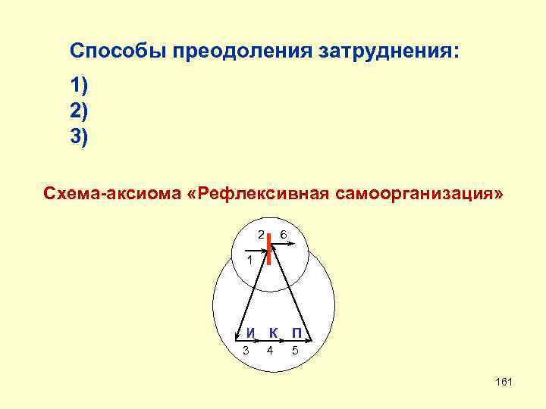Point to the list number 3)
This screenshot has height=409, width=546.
[79, 137]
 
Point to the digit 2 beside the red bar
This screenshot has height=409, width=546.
[259, 235]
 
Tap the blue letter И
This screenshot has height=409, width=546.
[251, 333]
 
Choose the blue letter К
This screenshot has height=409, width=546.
[274, 333]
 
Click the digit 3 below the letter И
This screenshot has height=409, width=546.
[246, 350]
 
